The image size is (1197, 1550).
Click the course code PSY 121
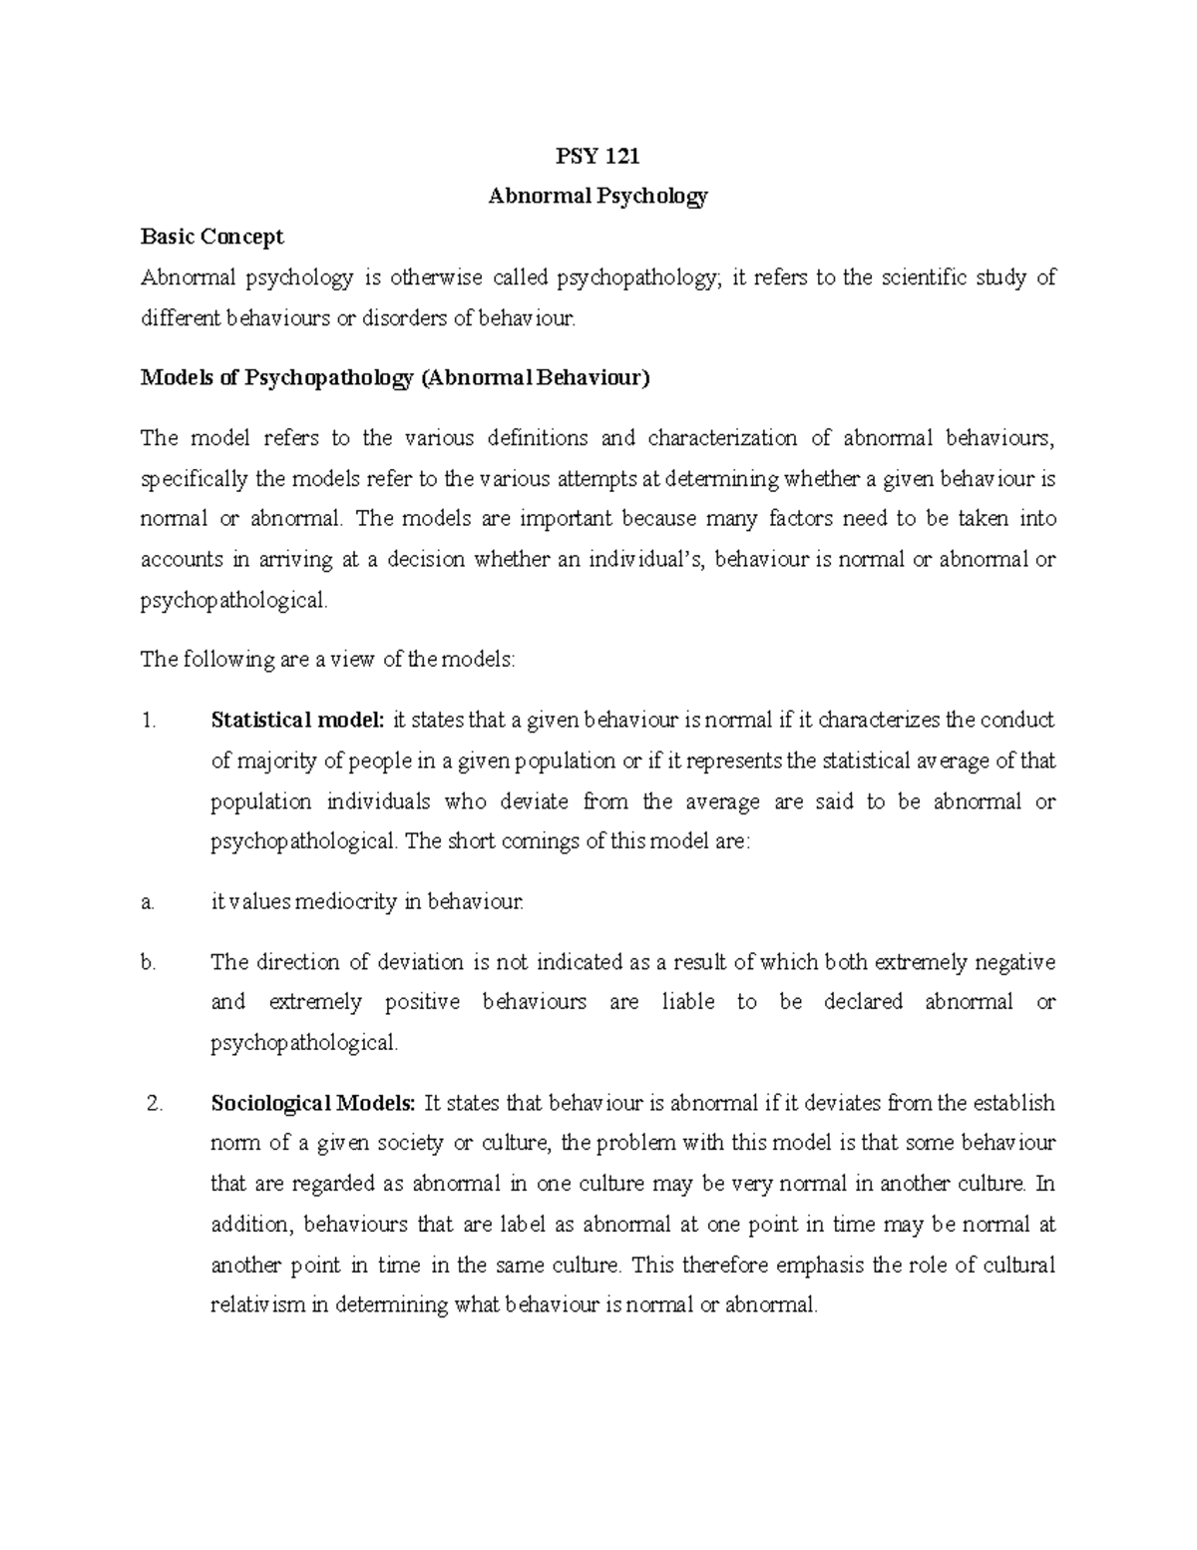click(598, 156)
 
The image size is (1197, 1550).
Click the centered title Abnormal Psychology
click(598, 197)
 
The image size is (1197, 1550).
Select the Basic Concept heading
click(212, 237)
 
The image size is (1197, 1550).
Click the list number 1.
click(150, 721)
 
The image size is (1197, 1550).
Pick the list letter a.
click(148, 902)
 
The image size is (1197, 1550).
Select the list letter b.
click(149, 963)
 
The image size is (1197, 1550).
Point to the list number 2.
click(153, 1104)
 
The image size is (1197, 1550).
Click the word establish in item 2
click(1013, 1104)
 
